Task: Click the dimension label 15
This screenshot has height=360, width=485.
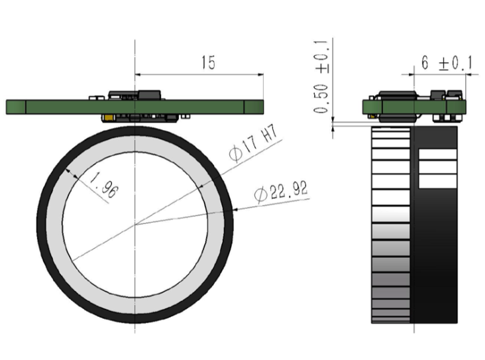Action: [208, 62]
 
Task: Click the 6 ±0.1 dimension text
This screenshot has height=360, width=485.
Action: [447, 63]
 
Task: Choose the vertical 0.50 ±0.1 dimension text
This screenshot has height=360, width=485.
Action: [322, 76]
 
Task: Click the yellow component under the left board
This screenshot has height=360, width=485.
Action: [109, 117]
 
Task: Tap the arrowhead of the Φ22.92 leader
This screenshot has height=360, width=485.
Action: [235, 210]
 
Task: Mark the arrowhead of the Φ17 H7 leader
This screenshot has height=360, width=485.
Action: [201, 186]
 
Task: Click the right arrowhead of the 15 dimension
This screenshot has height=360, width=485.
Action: [261, 74]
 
